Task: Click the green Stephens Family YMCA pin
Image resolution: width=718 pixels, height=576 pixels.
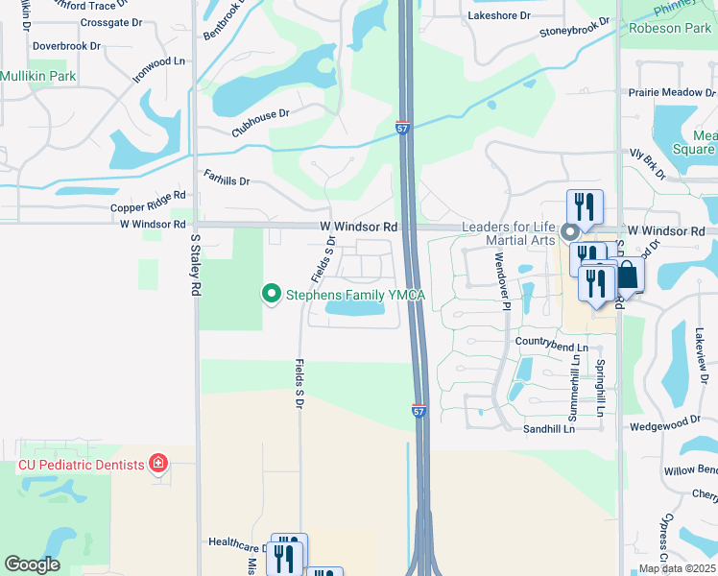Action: click(x=272, y=294)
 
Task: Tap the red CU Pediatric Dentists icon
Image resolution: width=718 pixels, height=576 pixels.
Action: click(x=158, y=465)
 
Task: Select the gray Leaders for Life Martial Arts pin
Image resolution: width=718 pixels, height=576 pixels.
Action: click(x=570, y=231)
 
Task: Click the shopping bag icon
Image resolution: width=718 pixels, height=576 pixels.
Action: click(x=628, y=275)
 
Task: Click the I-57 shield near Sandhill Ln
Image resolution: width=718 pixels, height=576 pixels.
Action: click(x=419, y=410)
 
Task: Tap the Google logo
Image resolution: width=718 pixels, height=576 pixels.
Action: click(x=32, y=564)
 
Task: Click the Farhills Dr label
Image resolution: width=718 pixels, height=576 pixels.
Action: click(x=227, y=179)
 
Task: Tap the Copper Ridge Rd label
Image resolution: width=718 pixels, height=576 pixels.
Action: click(x=148, y=206)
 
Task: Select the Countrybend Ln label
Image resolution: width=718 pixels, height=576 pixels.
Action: click(x=551, y=343)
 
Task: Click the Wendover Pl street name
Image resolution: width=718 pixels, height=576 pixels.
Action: click(x=500, y=278)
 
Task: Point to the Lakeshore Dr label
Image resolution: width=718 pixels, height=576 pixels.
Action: click(x=498, y=16)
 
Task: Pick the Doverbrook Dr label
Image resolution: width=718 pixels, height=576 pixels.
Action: click(x=66, y=45)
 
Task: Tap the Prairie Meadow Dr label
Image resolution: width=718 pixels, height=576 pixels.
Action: click(x=672, y=93)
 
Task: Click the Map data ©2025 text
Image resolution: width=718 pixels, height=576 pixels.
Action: click(x=678, y=568)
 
